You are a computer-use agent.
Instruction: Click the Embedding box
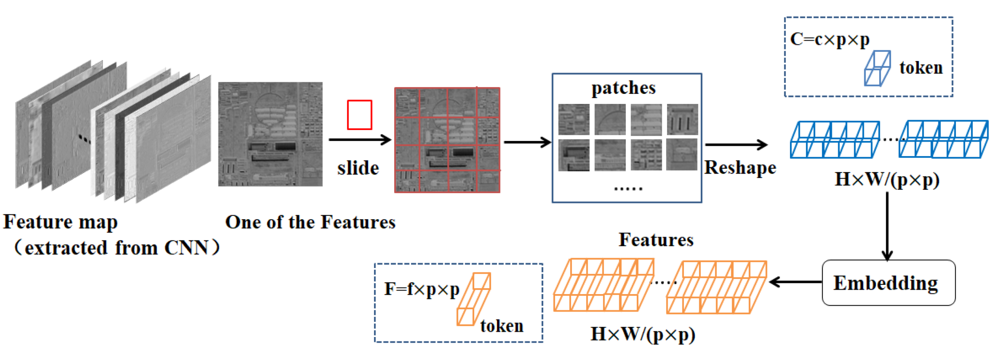888,283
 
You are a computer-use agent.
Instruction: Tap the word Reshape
740,168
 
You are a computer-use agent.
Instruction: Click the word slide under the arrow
357,168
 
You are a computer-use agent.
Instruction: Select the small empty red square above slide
359,115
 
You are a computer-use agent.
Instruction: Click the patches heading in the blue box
623,88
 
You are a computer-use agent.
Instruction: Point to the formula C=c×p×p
830,39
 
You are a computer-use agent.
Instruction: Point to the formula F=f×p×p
421,289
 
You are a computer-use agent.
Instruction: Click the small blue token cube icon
877,68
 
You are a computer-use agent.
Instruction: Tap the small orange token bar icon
474,299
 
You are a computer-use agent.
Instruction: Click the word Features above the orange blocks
656,240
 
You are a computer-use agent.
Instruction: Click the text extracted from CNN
116,248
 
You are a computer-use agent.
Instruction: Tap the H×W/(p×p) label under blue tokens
887,180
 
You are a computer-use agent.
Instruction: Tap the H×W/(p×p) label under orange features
643,334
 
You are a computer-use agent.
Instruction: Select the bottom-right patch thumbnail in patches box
682,155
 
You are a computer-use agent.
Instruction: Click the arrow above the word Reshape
736,145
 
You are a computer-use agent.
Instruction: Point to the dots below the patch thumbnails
628,189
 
